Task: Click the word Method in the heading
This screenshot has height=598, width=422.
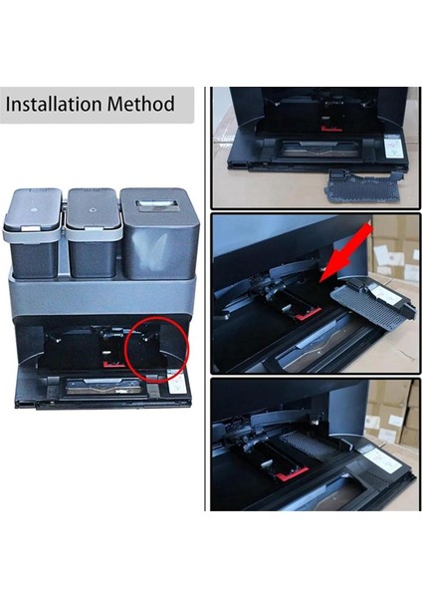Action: (143, 104)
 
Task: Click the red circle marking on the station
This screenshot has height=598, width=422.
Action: (157, 350)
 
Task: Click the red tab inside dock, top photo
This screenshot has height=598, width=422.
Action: (331, 128)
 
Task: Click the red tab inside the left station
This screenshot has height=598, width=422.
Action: (112, 363)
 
